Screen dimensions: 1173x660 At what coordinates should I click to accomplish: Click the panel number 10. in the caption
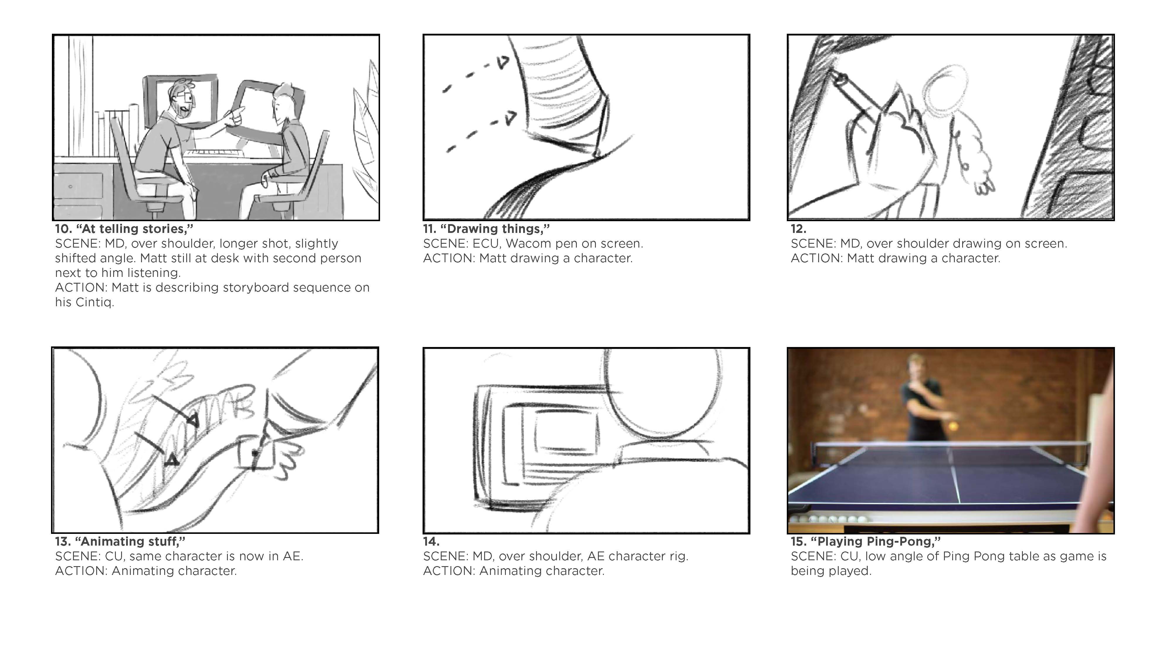point(63,229)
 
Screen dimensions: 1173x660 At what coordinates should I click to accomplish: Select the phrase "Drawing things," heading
point(495,229)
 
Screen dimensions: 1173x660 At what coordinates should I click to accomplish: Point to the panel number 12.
point(798,229)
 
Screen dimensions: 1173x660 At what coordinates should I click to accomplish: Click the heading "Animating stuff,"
point(130,541)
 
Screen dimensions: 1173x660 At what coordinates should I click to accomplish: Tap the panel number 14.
point(431,541)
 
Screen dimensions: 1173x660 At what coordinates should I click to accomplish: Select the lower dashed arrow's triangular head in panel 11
point(511,118)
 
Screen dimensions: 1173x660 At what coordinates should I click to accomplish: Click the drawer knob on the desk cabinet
point(71,186)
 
